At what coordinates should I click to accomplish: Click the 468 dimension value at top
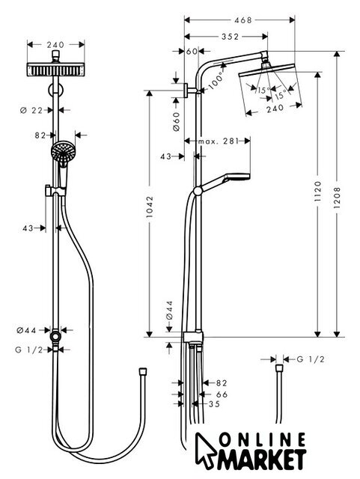click(x=242, y=20)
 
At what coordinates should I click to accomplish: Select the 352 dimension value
click(x=230, y=37)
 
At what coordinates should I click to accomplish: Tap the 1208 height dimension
click(x=337, y=198)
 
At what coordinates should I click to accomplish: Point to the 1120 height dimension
click(x=318, y=192)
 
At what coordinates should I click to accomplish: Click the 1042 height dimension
click(x=150, y=207)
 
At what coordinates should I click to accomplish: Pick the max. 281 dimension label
click(x=218, y=141)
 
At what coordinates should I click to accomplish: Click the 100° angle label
click(x=216, y=81)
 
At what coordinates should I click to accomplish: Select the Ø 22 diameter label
click(x=31, y=110)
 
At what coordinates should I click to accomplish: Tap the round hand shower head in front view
click(x=62, y=151)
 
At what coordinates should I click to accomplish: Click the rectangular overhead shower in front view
click(x=55, y=70)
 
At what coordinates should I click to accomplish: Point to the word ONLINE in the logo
click(x=263, y=440)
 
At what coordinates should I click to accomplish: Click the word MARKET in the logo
click(x=262, y=460)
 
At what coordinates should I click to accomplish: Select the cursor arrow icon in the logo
click(x=205, y=450)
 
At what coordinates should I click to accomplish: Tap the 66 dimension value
click(x=222, y=394)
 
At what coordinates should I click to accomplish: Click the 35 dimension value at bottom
click(x=214, y=404)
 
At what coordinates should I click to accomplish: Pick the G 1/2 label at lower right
click(x=311, y=359)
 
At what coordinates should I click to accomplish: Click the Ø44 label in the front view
click(x=26, y=330)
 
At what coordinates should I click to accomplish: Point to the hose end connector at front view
click(x=143, y=371)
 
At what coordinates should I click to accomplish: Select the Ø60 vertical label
click(x=177, y=121)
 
